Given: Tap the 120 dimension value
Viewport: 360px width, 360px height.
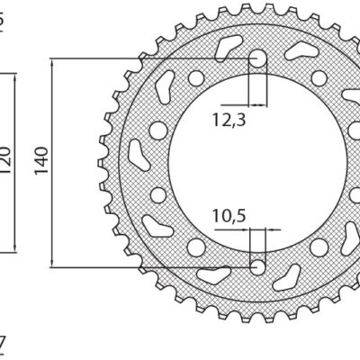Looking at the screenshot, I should click(x=5, y=160).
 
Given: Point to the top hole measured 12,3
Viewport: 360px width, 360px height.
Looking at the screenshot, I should click(x=258, y=60).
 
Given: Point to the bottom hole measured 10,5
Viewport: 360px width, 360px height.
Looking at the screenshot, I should click(x=258, y=265).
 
